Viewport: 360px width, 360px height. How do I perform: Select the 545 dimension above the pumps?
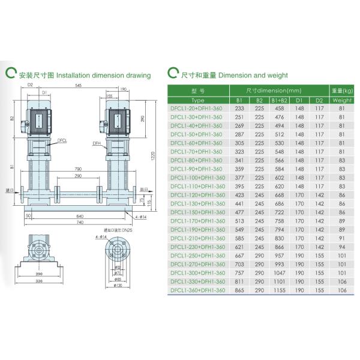pos(79,86)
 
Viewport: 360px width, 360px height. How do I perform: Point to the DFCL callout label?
pos(62,139)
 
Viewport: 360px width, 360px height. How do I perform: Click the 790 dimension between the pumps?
pos(77,169)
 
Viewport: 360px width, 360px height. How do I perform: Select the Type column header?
pos(197,100)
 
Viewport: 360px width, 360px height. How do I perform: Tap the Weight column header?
pos(342,100)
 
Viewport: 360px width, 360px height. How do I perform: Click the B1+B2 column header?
pos(279,100)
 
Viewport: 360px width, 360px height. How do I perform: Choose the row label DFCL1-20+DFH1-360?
pos(197,109)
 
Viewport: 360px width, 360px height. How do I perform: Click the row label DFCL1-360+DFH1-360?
pos(197,290)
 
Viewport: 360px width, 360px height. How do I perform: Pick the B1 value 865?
pos(239,290)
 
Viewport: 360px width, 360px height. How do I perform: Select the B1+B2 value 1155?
pos(279,290)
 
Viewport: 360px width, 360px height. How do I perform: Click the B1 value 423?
pos(239,195)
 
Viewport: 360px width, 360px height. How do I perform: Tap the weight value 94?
pos(342,247)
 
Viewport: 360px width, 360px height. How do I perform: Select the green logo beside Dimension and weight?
pos(173,74)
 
